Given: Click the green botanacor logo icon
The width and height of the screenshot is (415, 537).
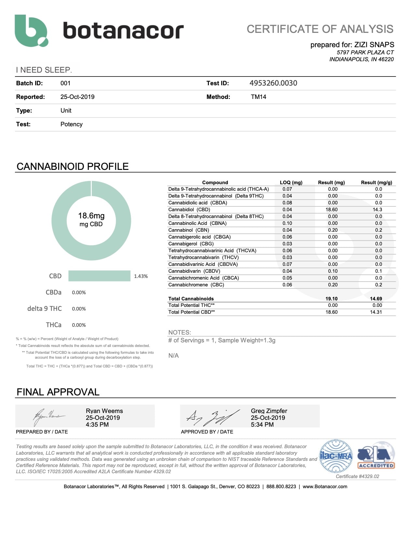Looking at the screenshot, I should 31,31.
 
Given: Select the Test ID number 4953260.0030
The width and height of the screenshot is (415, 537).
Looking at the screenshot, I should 273,83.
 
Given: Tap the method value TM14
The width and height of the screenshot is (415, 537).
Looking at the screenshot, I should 258,97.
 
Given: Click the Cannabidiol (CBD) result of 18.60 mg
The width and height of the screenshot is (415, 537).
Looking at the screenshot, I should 331,210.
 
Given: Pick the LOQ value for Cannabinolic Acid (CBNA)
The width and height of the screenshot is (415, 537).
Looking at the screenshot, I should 287,223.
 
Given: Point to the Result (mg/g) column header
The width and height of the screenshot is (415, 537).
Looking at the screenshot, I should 376,183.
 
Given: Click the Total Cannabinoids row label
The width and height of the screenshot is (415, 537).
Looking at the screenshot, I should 191,299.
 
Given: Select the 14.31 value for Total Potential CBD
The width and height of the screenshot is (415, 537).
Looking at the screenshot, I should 376,312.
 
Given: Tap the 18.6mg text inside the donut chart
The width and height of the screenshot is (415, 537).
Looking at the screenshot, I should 91,216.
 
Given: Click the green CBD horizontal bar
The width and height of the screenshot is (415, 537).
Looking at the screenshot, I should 99,276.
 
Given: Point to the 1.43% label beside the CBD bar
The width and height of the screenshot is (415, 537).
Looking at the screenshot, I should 141,276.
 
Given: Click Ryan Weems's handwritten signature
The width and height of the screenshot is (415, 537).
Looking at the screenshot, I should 49,416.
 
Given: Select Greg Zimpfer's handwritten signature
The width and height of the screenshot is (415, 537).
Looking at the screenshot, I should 213,417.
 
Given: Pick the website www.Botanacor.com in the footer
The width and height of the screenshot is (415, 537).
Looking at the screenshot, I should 325,487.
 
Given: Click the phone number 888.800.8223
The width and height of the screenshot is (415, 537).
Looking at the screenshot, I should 281,487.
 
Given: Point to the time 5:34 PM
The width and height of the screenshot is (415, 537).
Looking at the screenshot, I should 262,425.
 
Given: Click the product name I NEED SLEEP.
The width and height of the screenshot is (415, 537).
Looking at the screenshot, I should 44,70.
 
